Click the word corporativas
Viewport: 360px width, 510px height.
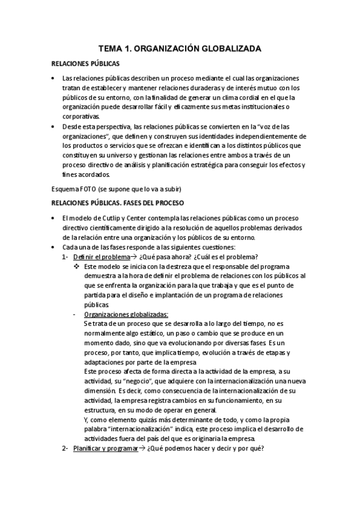click(82, 117)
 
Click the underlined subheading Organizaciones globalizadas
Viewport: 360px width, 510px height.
click(126, 314)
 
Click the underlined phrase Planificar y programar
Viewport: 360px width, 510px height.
click(105, 449)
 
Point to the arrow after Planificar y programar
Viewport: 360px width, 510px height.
click(142, 449)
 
